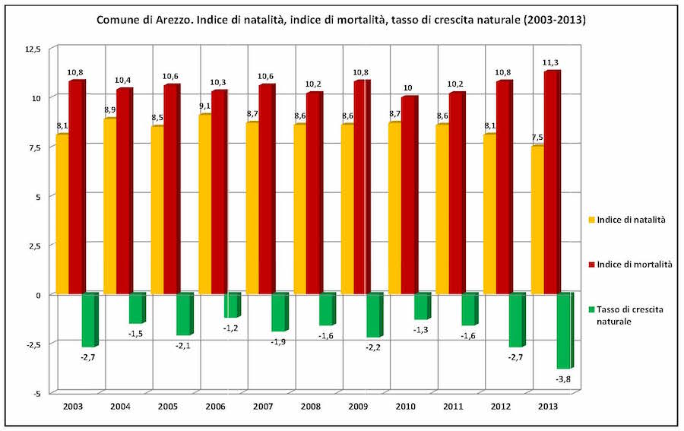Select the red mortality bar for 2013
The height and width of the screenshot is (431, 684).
(552, 182)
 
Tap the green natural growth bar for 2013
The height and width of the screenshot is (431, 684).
(565, 331)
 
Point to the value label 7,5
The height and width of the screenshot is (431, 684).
(537, 138)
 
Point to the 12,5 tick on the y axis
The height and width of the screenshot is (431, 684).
(33, 50)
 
